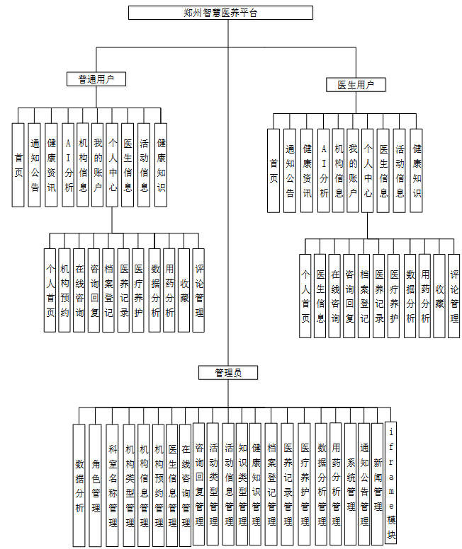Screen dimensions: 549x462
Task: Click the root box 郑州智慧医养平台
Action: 220,13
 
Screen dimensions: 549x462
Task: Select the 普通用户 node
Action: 96,79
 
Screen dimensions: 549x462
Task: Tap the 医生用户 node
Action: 356,85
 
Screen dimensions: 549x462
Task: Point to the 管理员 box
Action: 228,372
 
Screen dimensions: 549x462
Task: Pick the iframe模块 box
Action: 392,485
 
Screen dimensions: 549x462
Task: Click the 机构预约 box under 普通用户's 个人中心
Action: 64,290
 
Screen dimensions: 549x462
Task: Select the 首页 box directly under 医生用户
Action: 274,171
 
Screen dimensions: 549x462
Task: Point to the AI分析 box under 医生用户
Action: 324,171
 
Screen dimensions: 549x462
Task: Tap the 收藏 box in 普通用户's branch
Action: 184,290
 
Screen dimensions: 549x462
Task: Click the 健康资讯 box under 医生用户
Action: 307,171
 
